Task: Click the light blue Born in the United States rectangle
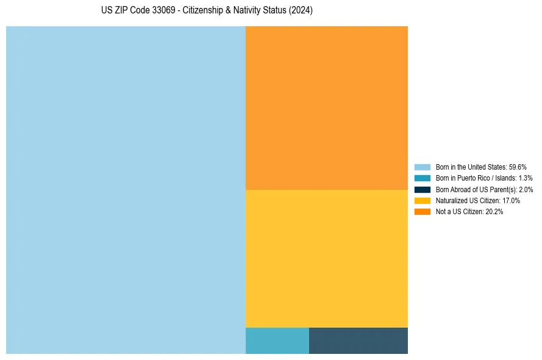click(126, 190)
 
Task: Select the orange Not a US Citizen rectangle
click(326, 108)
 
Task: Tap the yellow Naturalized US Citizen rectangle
click(326, 258)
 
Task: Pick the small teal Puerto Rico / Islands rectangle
click(277, 340)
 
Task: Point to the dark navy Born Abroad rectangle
click(358, 340)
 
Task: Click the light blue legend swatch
click(422, 167)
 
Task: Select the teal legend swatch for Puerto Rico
click(422, 178)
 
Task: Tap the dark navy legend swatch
click(422, 189)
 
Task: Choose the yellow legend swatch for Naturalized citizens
click(422, 200)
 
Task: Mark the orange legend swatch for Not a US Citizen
click(422, 212)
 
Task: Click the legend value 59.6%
click(518, 167)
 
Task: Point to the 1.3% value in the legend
click(525, 178)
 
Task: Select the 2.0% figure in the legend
click(526, 190)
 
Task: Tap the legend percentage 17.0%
click(511, 201)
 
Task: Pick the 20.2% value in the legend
click(494, 212)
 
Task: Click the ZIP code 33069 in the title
click(162, 11)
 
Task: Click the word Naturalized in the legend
click(451, 201)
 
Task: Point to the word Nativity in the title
click(244, 11)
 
